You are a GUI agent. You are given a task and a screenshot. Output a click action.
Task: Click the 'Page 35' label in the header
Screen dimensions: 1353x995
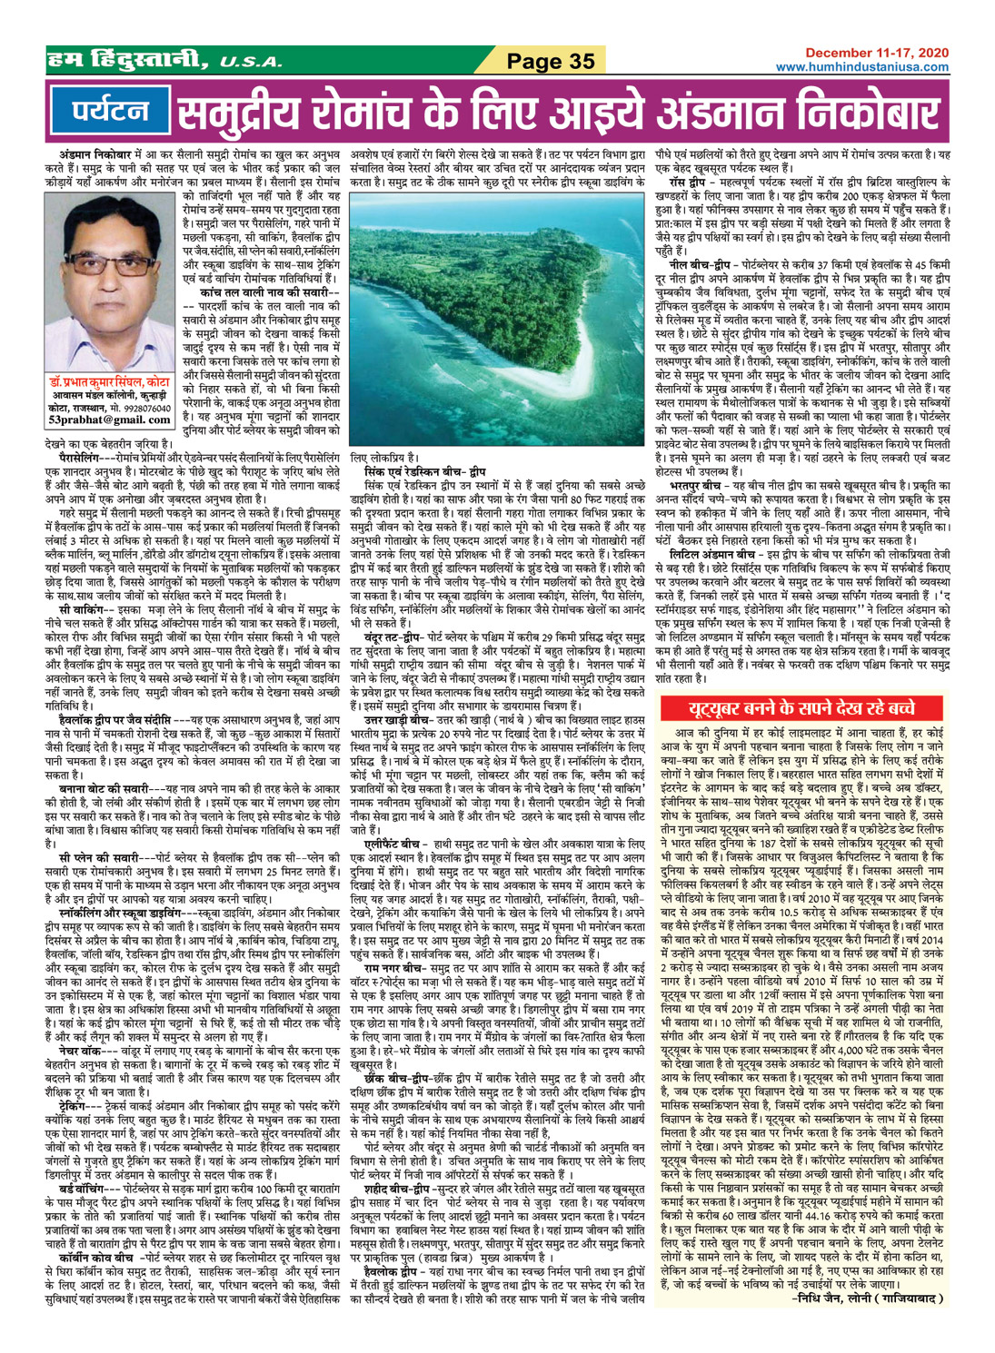(x=550, y=62)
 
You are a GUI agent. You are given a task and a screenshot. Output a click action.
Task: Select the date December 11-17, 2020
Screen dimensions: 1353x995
(x=875, y=54)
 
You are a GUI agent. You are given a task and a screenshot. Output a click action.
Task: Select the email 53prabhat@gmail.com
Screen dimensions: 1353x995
(x=110, y=420)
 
